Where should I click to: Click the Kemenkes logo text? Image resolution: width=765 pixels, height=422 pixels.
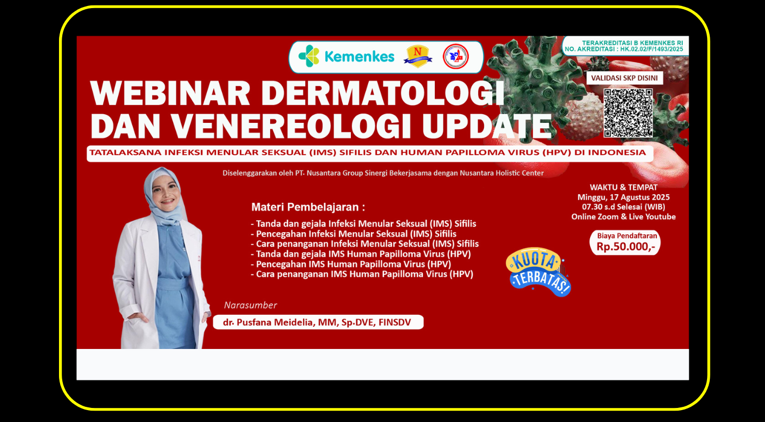[x=359, y=57]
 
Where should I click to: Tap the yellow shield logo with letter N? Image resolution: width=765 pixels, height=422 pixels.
[x=417, y=56]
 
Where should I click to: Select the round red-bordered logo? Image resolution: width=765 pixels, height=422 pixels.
[x=455, y=57]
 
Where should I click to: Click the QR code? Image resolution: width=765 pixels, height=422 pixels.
[x=628, y=113]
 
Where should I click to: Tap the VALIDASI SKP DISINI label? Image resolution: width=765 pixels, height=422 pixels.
[x=624, y=78]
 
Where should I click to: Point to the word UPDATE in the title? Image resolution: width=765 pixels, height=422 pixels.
[x=487, y=126]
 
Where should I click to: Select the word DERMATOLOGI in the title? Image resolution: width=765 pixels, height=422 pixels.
[x=383, y=94]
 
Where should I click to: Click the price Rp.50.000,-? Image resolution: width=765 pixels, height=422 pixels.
[x=626, y=247]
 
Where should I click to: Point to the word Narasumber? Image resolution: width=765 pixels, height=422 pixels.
[x=250, y=305]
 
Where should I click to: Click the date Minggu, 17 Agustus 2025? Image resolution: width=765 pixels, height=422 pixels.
[x=623, y=197]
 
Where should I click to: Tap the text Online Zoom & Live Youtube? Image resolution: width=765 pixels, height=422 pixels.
[x=623, y=216]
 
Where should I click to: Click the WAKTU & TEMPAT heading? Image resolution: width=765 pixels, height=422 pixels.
[x=623, y=187]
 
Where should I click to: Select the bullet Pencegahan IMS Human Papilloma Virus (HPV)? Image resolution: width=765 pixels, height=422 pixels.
[x=351, y=264]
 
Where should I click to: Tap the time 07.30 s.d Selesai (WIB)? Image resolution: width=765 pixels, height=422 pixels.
[x=623, y=207]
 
